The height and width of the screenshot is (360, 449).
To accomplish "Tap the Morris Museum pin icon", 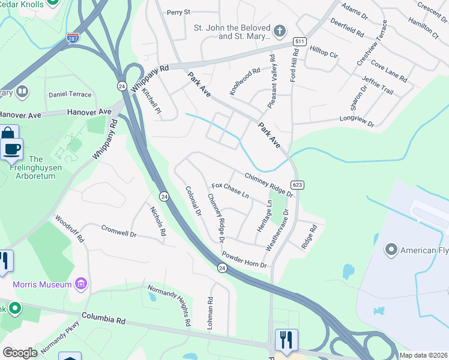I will point(83,283).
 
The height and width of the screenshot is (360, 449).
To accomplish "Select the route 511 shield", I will point(299,41).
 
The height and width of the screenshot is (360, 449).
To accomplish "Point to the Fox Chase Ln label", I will point(230,191).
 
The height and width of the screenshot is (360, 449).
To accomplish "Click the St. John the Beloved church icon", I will point(279,31).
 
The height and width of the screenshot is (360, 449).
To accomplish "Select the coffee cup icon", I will point(12,148).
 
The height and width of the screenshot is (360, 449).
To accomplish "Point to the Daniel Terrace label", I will point(70,95).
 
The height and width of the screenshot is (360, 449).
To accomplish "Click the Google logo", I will point(20,352).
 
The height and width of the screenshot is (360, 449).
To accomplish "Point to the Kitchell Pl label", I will point(152,103).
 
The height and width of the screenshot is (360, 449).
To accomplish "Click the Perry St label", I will point(178,12).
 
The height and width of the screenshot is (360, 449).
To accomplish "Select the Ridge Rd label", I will point(309,238).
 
